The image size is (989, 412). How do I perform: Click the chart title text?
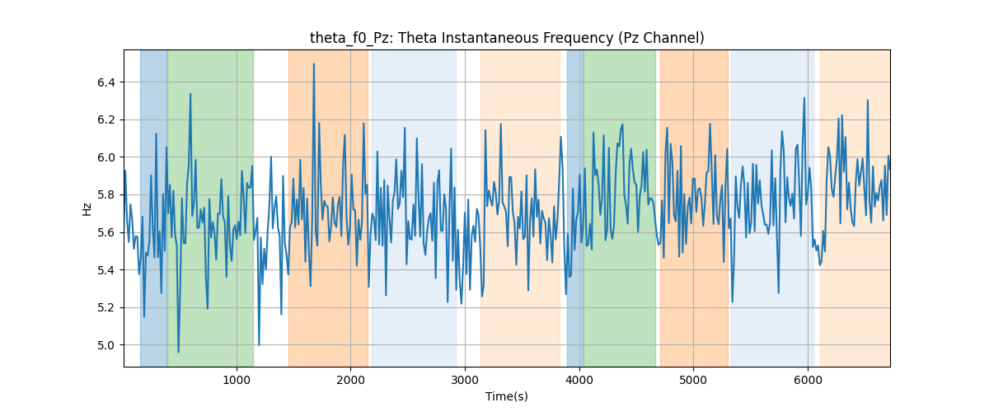(507, 38)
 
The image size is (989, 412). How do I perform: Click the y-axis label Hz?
(87, 208)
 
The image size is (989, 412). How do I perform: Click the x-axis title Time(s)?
(507, 396)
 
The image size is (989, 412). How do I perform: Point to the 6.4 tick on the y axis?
(106, 82)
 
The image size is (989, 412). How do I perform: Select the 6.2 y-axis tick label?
(106, 120)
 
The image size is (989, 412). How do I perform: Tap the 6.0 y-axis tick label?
(106, 157)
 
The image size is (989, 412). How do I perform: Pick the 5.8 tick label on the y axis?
(106, 195)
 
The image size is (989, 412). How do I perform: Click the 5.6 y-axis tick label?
(106, 232)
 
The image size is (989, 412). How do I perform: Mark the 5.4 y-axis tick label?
(106, 270)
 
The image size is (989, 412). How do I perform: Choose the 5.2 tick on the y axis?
(106, 308)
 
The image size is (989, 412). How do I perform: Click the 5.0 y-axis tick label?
(106, 345)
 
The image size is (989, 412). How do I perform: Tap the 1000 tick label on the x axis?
(237, 380)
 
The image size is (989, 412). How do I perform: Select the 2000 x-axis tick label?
(350, 380)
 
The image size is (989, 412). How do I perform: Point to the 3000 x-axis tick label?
(465, 380)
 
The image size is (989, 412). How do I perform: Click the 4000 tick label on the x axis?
(579, 380)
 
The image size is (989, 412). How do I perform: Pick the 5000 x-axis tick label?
(693, 380)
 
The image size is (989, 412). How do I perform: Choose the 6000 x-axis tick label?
(808, 380)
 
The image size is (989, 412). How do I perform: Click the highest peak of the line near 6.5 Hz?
(314, 64)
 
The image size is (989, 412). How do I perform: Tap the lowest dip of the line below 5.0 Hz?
(178, 353)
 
